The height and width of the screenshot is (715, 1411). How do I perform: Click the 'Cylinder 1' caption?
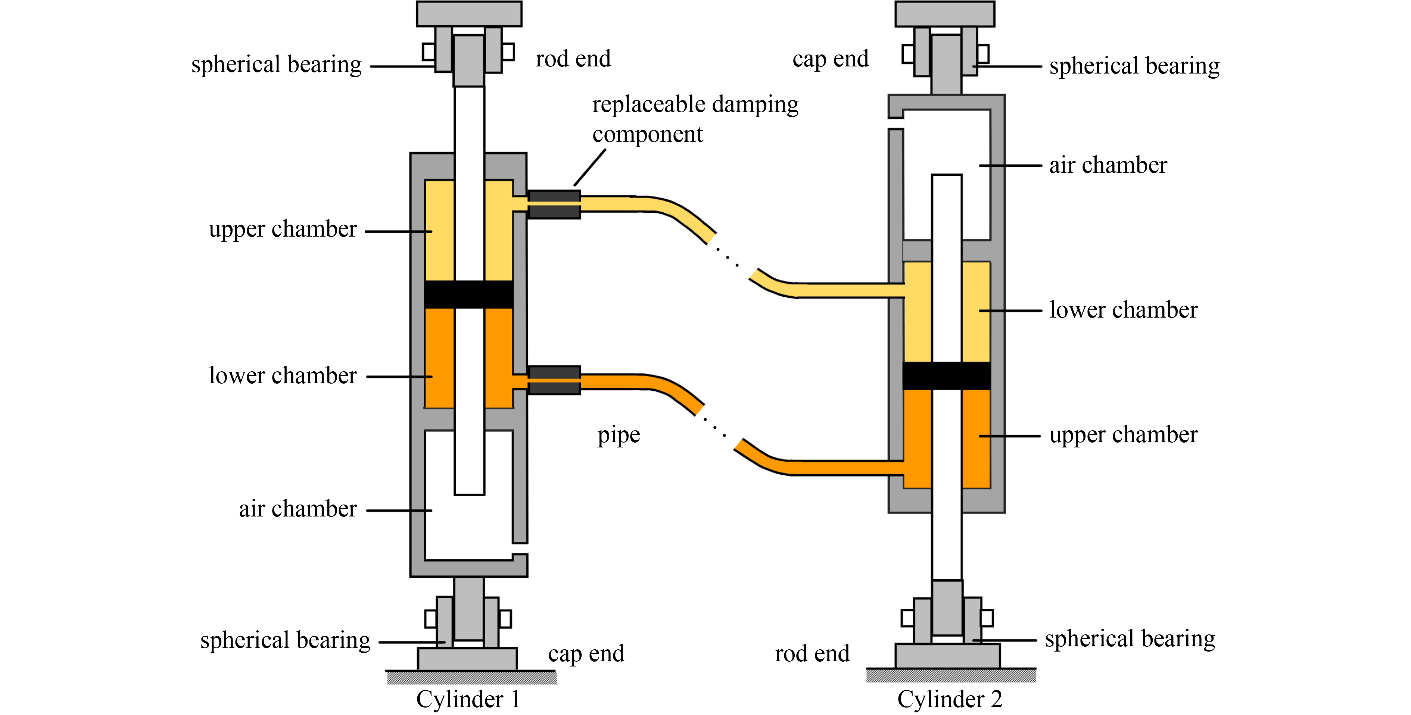point(468,699)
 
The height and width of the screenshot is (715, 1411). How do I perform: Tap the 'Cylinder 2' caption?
point(949,699)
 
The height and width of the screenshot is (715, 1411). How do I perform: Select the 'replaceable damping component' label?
point(695,119)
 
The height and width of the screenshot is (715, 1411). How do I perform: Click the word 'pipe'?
point(619,435)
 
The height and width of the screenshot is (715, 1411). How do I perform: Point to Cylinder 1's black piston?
point(469,294)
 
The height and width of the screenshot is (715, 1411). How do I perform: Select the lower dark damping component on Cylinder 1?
point(554,380)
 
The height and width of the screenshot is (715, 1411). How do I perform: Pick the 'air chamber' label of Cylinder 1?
point(298,509)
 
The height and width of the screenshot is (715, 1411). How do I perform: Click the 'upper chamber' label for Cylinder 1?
point(283,229)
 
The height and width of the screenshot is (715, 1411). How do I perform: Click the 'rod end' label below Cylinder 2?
point(812,653)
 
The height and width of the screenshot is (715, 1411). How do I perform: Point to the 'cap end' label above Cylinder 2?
point(831,59)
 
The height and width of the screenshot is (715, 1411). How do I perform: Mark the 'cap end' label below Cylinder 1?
point(586,653)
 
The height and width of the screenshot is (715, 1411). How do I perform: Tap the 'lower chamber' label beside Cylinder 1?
point(283,375)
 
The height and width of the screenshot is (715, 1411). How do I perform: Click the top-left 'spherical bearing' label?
point(276,65)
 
